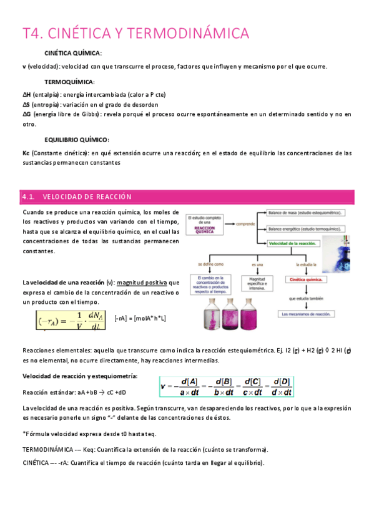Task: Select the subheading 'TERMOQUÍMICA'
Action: click(70, 82)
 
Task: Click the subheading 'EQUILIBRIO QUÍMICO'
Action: click(77, 140)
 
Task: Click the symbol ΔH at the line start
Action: click(26, 94)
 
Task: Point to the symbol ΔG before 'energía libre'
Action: click(26, 114)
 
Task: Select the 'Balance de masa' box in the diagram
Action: click(307, 213)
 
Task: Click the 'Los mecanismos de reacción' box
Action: click(306, 314)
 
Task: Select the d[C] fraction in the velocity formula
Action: click(254, 387)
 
